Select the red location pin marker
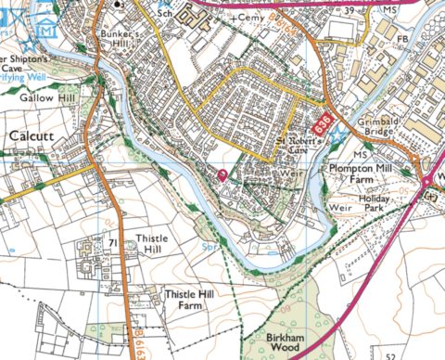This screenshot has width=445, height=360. coord(222,175)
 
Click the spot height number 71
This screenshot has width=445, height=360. coord(111,243)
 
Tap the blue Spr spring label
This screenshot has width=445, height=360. coord(210,247)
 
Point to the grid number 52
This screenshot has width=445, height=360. coord(390,354)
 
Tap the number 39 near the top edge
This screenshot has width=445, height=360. coord(350,9)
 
